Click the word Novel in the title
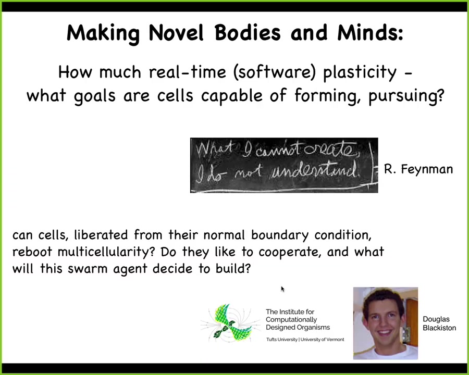(176, 32)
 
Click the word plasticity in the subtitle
(360, 73)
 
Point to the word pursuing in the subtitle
(406, 96)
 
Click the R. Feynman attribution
(418, 169)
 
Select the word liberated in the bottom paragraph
(101, 235)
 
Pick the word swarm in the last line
(88, 269)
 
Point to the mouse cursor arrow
(282, 289)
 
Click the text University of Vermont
(322, 340)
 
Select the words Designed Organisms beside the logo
(298, 328)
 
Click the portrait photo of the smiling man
(385, 323)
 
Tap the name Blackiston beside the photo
(439, 328)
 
